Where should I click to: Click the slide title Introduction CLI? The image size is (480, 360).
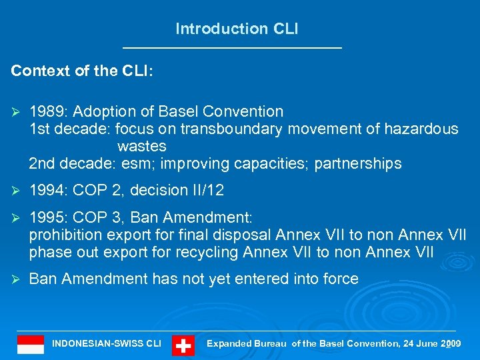pos(237,29)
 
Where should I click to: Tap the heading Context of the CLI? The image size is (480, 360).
pos(82,71)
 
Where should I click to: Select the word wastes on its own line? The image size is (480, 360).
pos(141,146)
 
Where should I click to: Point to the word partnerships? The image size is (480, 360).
pos(358,163)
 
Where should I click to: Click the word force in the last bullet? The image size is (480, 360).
pos(339,279)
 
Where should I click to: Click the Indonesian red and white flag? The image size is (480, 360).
pos(31,345)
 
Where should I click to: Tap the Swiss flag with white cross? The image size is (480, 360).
pos(183,345)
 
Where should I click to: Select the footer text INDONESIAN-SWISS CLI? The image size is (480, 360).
pos(107,344)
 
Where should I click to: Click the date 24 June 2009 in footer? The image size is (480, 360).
pos(432,344)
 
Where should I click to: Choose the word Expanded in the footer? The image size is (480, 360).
pos(229,344)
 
